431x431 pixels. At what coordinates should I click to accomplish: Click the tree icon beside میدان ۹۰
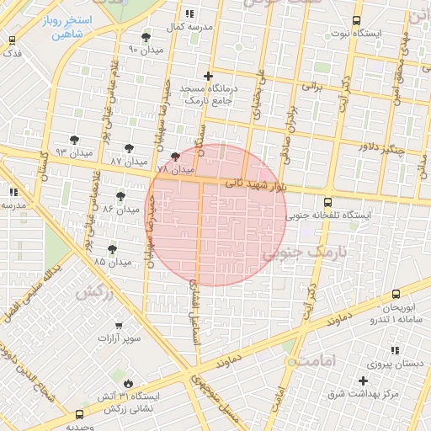coord(146,37)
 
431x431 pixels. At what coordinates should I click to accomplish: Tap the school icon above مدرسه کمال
coord(189,13)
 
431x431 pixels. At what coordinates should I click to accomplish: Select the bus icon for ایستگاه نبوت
coord(356,20)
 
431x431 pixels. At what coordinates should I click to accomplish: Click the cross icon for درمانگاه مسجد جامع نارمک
coord(209,76)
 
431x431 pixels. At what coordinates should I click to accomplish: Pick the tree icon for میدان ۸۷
coord(129,148)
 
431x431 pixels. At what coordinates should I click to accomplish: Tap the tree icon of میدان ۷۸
coord(175,157)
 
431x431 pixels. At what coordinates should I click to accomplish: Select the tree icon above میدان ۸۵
coord(113,249)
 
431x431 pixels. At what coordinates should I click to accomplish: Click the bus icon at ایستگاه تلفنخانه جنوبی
coord(327,202)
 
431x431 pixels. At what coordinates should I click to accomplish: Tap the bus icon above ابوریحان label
coord(396,294)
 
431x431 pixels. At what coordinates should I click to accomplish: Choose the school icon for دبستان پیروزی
coord(395,350)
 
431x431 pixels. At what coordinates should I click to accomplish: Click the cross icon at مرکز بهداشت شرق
coord(363,380)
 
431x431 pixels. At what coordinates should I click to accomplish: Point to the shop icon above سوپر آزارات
coord(118,324)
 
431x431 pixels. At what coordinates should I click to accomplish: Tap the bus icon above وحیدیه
coord(79,414)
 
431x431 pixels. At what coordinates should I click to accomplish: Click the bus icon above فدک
coord(12,40)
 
